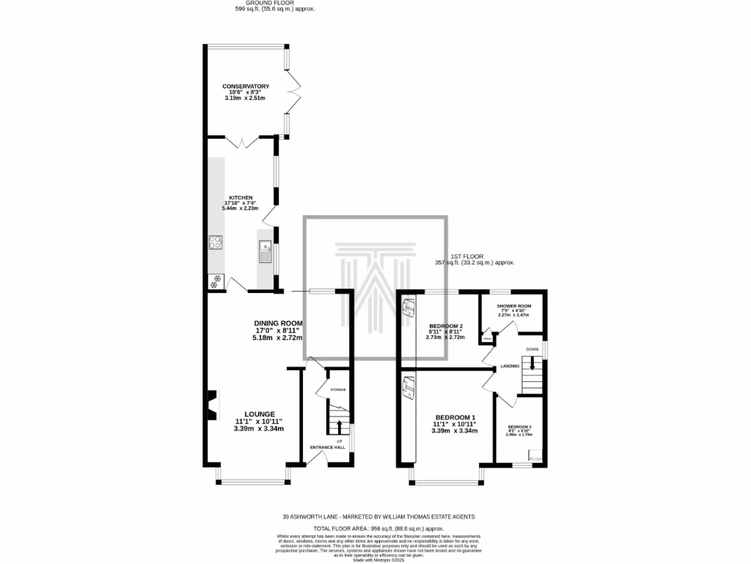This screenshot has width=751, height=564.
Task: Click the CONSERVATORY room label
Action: (246, 86)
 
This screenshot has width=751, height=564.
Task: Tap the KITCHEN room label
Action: (241, 198)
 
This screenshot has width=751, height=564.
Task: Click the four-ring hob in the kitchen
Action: (216, 243)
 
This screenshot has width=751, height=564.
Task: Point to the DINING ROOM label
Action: (278, 323)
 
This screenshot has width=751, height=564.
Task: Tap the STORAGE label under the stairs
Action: (337, 389)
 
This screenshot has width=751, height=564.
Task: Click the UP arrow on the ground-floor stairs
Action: (338, 425)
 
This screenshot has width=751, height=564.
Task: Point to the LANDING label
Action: (510, 366)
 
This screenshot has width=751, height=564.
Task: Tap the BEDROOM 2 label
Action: (445, 325)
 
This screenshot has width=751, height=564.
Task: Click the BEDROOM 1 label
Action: (455, 418)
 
